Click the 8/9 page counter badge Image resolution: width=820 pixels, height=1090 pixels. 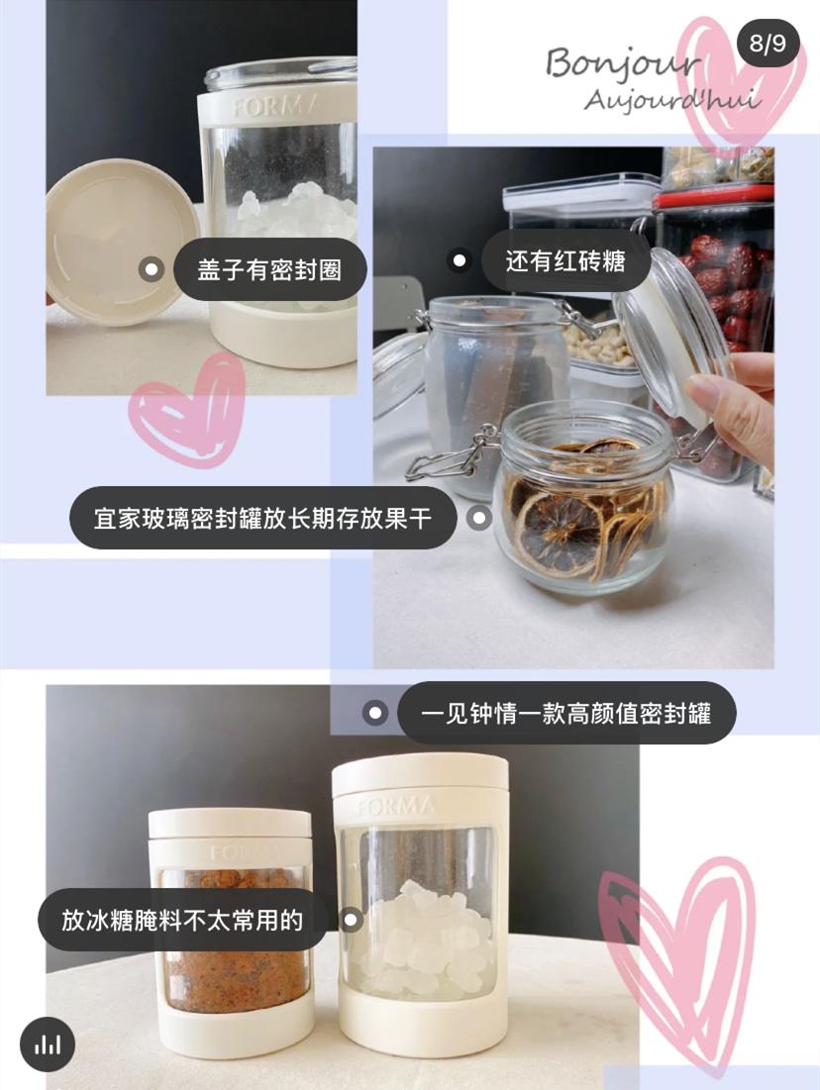tap(768, 44)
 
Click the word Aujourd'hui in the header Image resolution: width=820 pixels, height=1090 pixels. tap(671, 100)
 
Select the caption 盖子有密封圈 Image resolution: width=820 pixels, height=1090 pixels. tap(267, 270)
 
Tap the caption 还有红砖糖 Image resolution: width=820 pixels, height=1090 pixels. tap(564, 261)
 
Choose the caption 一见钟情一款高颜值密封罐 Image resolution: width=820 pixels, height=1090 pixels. tap(565, 713)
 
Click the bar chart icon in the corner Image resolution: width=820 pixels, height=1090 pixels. tap(48, 1044)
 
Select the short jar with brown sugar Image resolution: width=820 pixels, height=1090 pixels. tap(231, 926)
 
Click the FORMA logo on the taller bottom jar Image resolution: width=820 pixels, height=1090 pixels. tap(395, 806)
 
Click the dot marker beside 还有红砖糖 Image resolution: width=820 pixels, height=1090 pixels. tap(460, 261)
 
